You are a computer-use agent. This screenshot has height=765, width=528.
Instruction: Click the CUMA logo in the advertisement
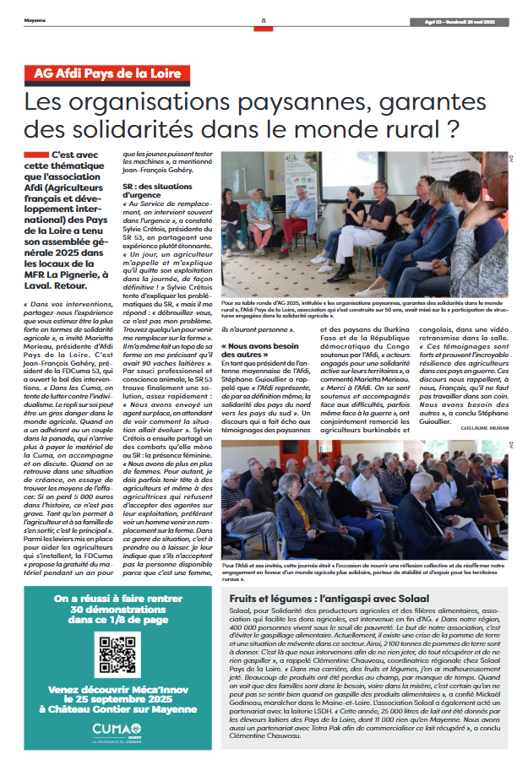click(x=117, y=731)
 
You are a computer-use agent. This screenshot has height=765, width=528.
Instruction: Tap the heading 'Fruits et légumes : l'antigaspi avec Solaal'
click(x=311, y=597)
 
